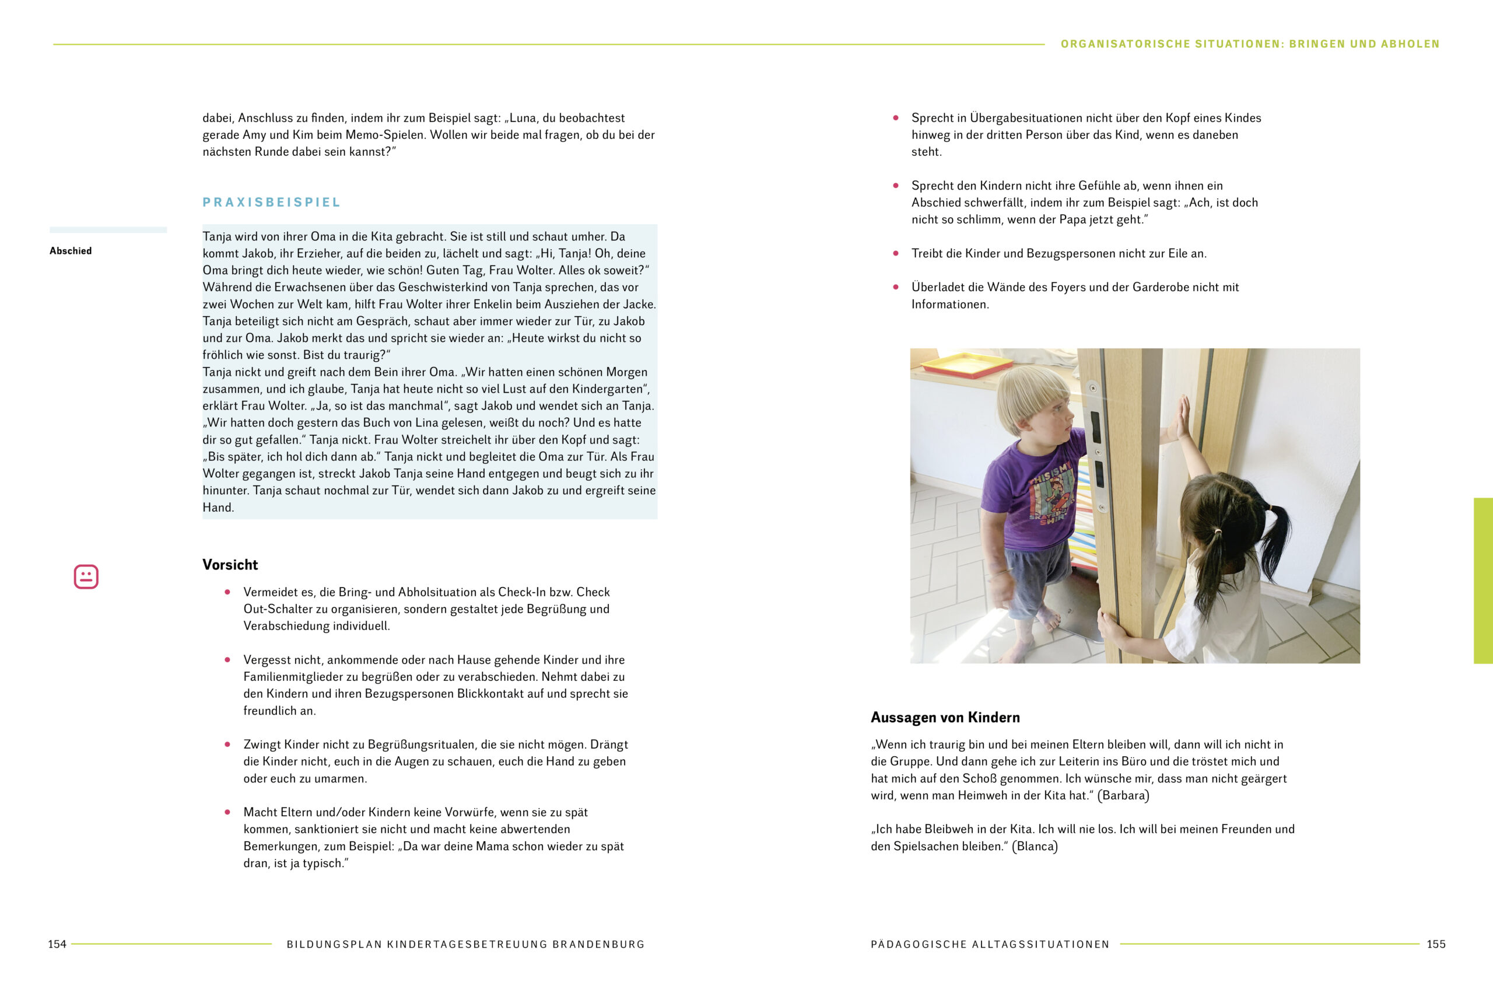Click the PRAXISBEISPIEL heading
[x=271, y=202]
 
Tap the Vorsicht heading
[x=230, y=565]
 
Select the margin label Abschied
[x=71, y=251]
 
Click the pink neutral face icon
[x=86, y=576]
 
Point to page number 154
[x=57, y=944]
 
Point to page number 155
[x=1435, y=944]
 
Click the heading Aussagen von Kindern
[x=945, y=717]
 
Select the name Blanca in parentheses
[x=1034, y=846]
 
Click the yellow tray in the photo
[x=965, y=364]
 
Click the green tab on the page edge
[x=1483, y=581]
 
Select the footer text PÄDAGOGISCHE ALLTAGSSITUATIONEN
[x=990, y=945]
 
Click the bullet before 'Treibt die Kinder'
[x=896, y=253]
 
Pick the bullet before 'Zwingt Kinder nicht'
[x=227, y=745]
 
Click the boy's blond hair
[x=1028, y=394]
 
